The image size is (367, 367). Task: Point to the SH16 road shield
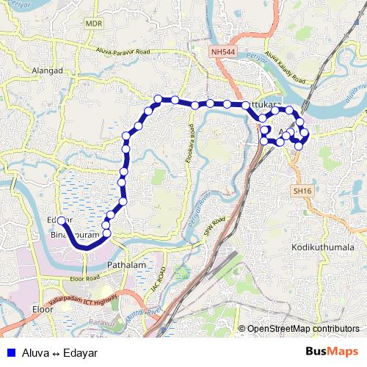tap(301, 190)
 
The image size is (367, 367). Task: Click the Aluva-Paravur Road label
tap(125, 51)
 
